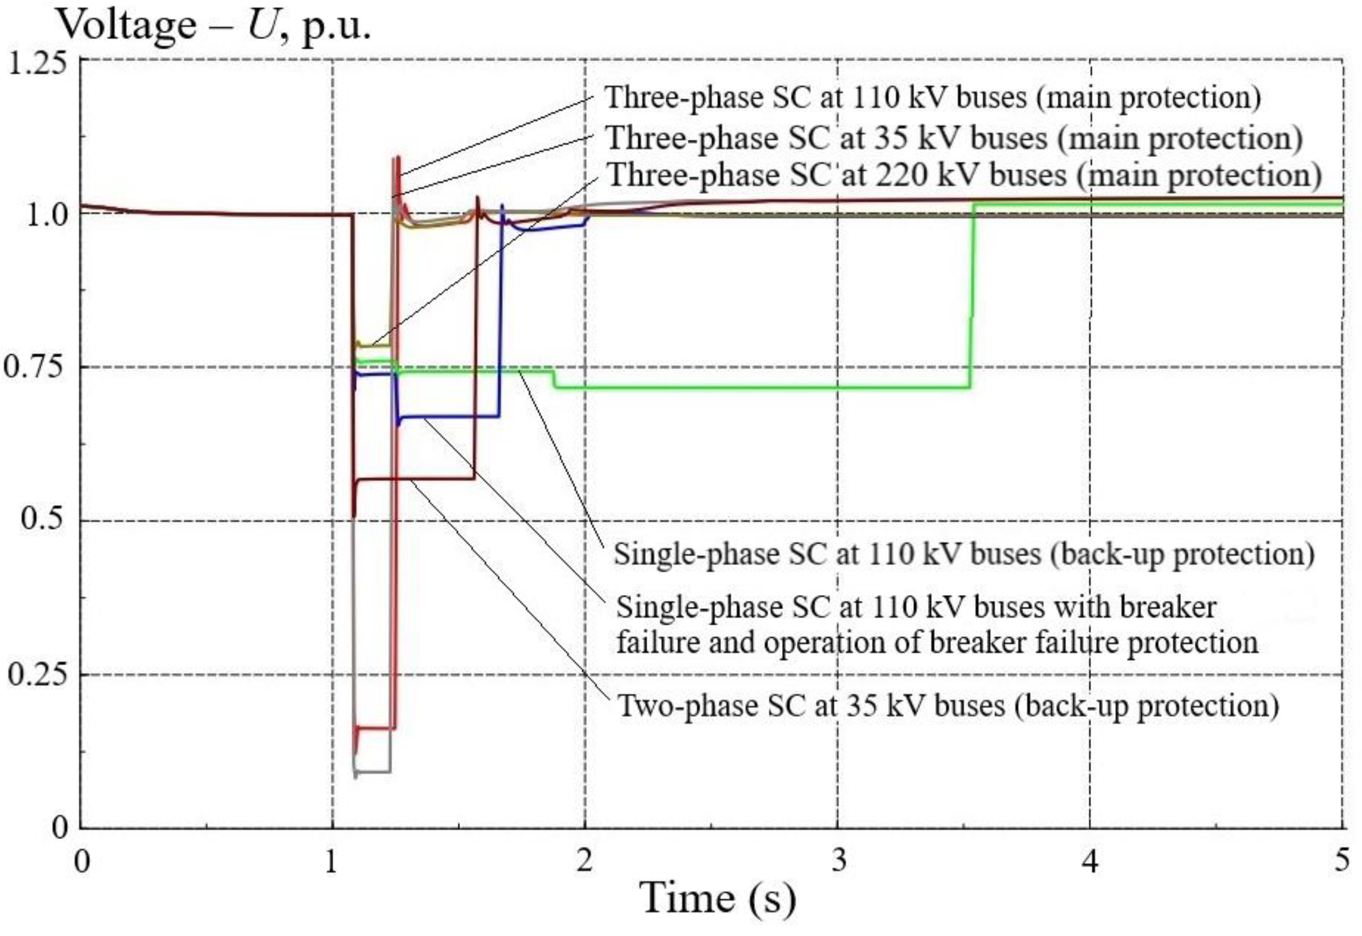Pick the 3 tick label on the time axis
click(839, 861)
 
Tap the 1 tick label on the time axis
click(332, 861)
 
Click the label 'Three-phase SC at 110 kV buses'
click(932, 97)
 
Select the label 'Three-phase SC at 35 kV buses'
click(953, 138)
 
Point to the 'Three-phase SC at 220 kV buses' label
click(964, 175)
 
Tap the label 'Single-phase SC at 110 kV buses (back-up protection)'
click(964, 553)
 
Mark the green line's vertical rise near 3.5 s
click(971, 293)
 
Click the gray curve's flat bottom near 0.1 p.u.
click(372, 771)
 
